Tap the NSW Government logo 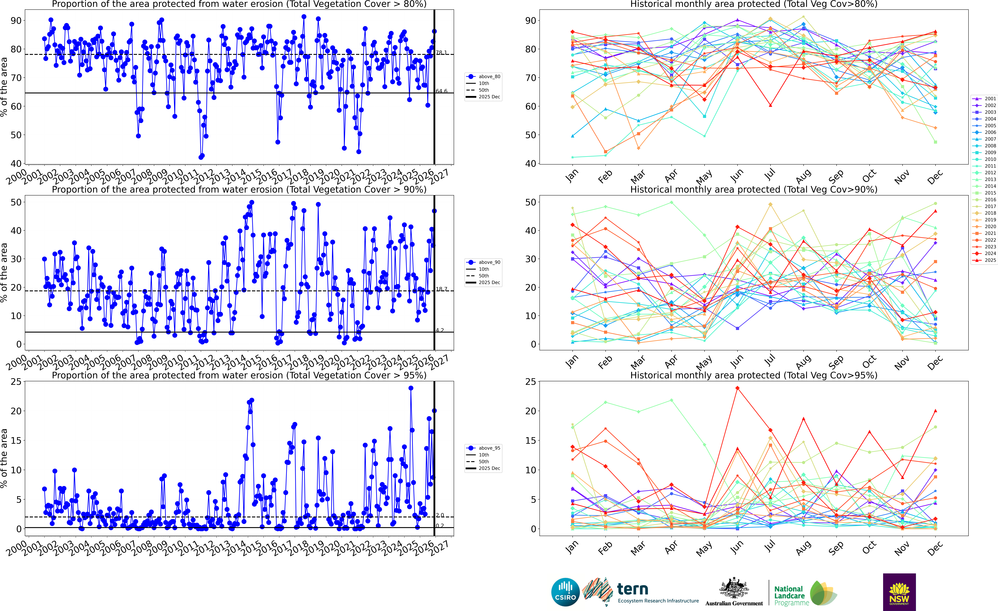[x=899, y=592]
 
